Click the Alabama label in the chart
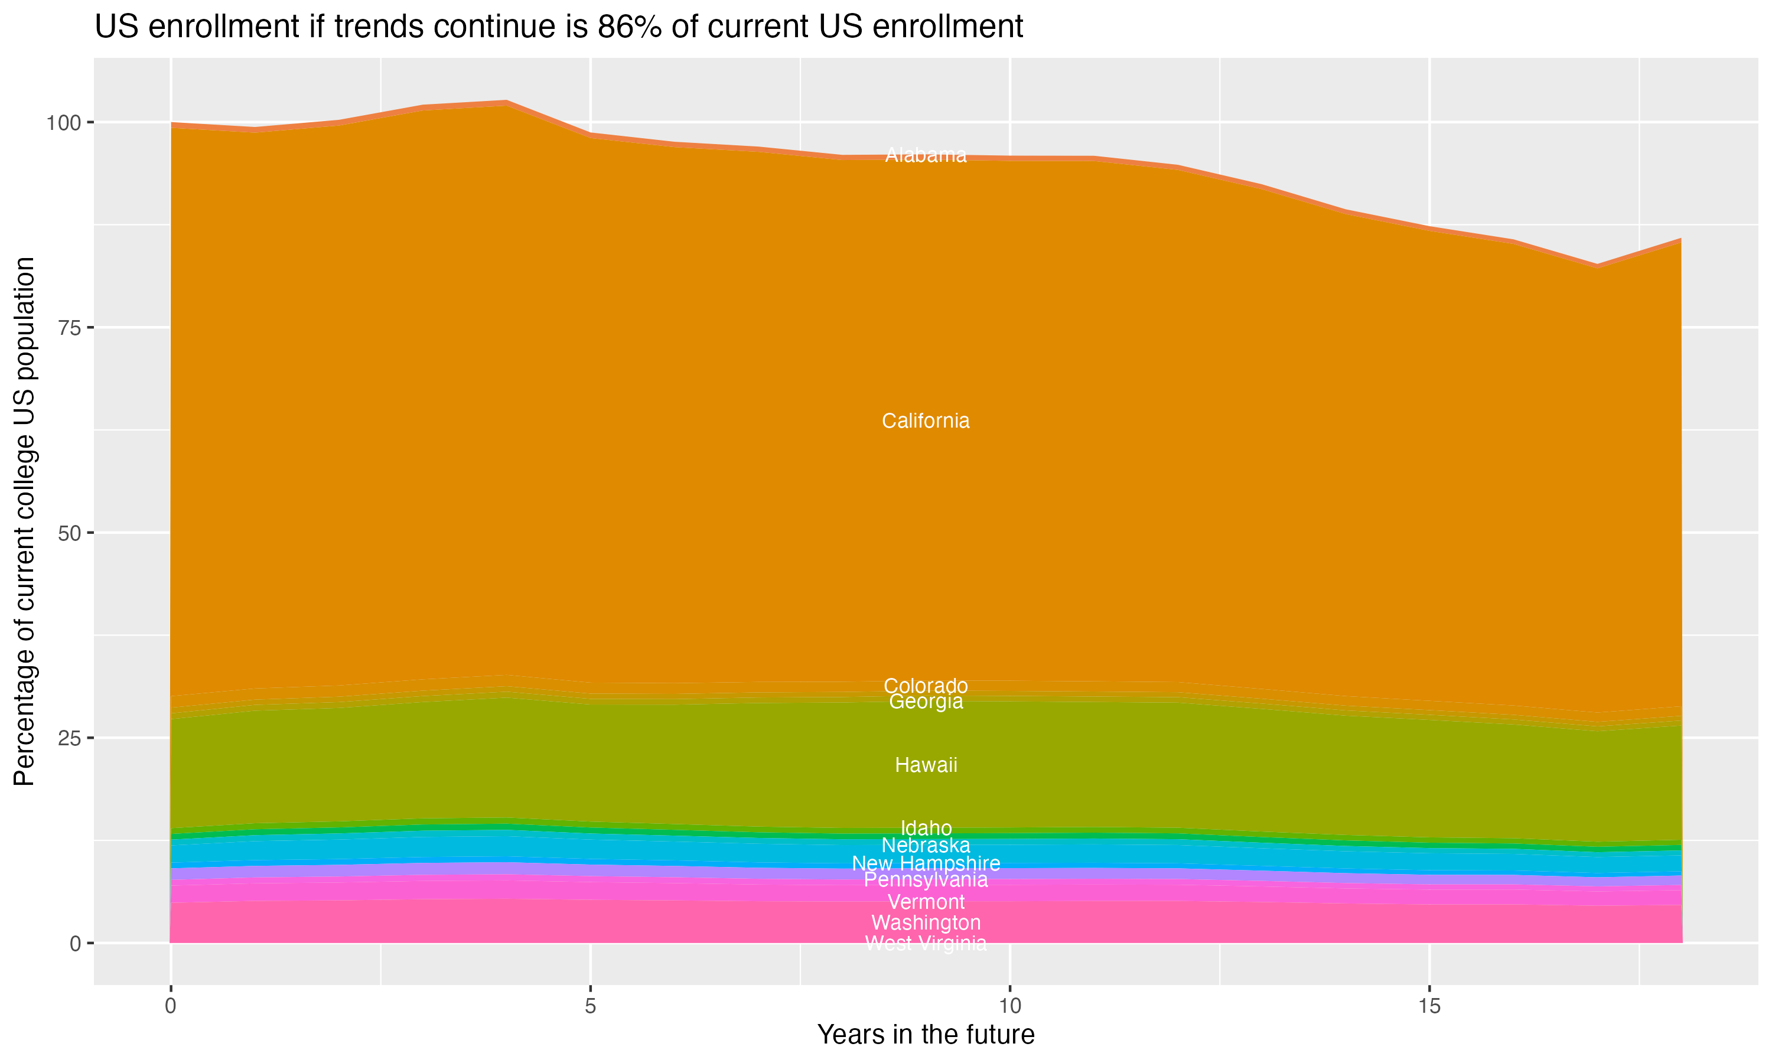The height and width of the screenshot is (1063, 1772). click(x=926, y=155)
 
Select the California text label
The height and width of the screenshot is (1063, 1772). click(x=926, y=421)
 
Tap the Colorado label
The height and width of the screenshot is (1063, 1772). click(x=926, y=686)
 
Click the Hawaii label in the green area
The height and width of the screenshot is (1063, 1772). click(x=926, y=765)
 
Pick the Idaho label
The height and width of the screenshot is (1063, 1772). click(x=926, y=828)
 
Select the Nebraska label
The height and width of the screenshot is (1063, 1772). click(x=926, y=845)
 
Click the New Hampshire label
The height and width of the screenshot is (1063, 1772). click(x=926, y=863)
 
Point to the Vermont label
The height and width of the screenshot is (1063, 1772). click(x=926, y=902)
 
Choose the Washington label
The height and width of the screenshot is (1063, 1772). click(x=926, y=922)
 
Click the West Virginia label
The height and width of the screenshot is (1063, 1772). click(x=926, y=943)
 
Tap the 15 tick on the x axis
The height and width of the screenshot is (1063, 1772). click(x=1429, y=1006)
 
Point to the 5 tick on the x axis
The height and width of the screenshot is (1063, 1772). click(x=590, y=1006)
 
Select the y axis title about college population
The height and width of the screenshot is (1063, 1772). click(x=24, y=521)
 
